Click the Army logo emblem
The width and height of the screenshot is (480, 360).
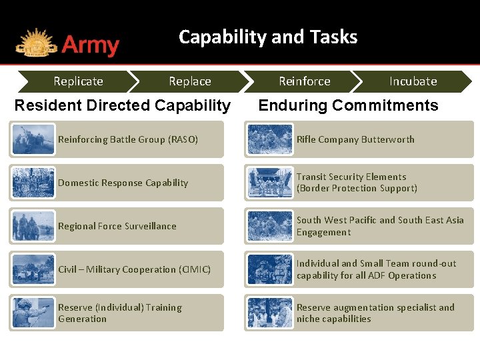pos(36,43)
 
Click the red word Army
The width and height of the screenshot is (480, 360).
pos(91,46)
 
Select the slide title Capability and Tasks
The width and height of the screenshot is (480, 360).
pos(268,37)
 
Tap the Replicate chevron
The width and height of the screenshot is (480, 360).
pos(78,81)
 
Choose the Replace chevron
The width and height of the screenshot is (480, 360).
pos(189,81)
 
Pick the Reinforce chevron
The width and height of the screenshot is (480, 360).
pos(304,81)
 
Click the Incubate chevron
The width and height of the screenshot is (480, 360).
pos(413,81)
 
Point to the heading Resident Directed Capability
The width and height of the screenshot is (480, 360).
pos(123,105)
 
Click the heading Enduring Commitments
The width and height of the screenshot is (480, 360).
pos(348,105)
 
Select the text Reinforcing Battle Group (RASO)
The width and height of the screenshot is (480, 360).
pos(127,139)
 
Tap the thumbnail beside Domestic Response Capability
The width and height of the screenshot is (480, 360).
pos(33,183)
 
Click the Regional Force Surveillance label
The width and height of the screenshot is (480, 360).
pos(117,226)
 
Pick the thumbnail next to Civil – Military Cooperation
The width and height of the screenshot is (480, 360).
pos(33,269)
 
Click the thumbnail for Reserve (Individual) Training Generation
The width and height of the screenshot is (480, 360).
pos(33,313)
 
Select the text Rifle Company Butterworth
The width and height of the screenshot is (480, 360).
pos(355,139)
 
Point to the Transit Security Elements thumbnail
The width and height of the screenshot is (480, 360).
pos(270,183)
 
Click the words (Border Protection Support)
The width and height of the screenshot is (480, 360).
pos(357,189)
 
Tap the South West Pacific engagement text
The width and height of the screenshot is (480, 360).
pos(379,226)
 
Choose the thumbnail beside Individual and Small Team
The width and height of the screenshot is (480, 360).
pos(270,269)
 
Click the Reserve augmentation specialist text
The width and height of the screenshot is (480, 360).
pos(375,313)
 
